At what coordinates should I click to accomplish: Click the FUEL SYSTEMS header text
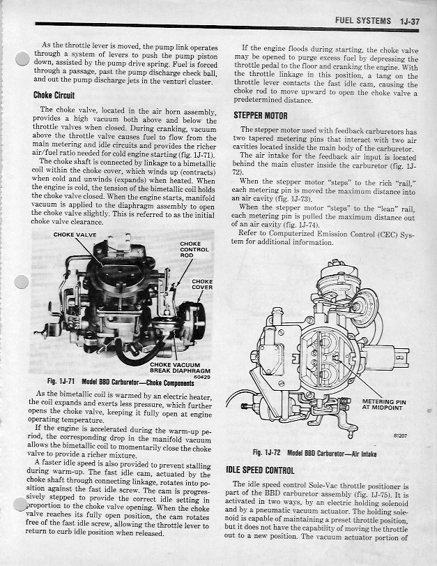(362, 21)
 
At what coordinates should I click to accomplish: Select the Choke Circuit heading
(56, 96)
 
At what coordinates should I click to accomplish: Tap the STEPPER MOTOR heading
(261, 115)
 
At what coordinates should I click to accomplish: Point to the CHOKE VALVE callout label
(76, 234)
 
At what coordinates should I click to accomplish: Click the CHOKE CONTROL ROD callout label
(193, 249)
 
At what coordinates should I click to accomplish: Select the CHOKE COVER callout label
(202, 285)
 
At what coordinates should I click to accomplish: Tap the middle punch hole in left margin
(21, 283)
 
